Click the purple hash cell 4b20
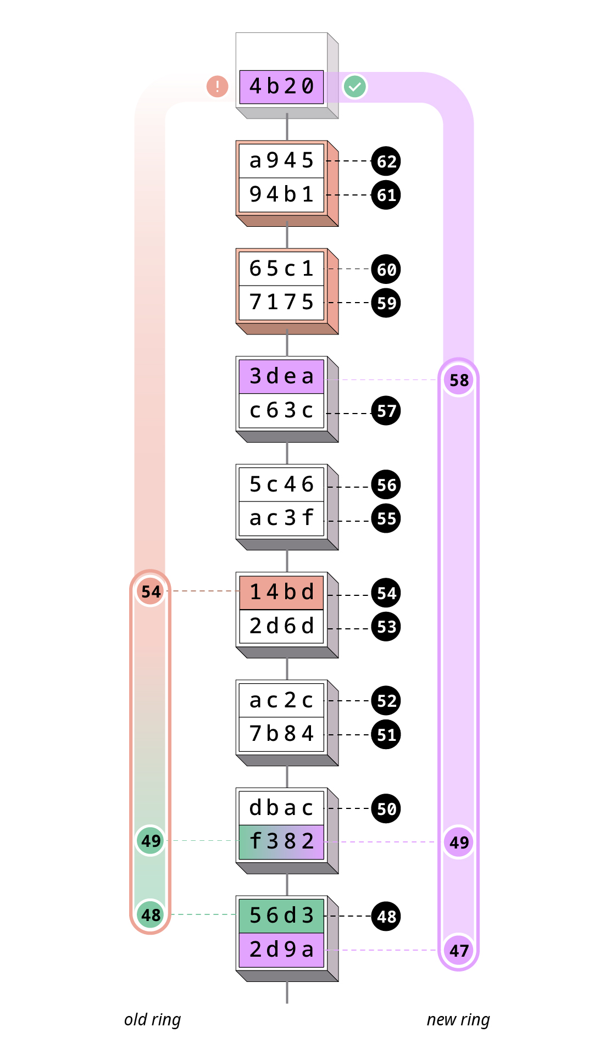point(281,87)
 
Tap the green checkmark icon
point(355,87)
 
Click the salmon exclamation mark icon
point(218,87)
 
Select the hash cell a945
point(281,161)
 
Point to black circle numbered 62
point(386,161)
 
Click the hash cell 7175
point(281,302)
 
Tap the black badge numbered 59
point(386,303)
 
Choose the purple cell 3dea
point(281,377)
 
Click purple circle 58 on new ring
point(459,380)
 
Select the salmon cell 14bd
point(281,593)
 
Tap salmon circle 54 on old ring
point(151,591)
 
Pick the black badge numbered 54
point(386,593)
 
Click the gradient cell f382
point(281,841)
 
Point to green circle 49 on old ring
point(151,841)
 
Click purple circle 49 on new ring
point(459,842)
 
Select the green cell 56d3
point(281,916)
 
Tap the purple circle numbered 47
point(459,950)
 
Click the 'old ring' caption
point(152,1020)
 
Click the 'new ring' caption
point(458,1020)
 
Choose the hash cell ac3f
point(281,518)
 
